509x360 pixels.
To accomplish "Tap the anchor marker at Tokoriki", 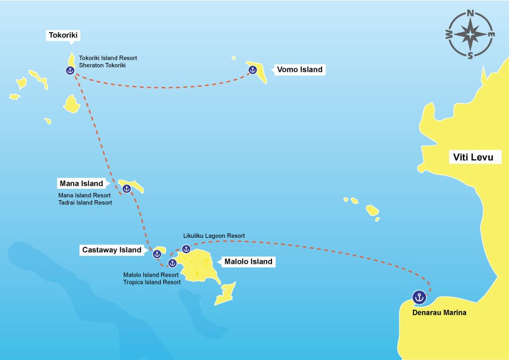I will click(70, 70).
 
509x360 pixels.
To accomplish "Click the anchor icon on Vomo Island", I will click(253, 70).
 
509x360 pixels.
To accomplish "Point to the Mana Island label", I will click(81, 183).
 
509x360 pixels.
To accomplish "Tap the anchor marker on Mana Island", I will click(126, 189).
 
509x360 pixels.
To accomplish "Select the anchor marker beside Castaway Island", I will click(157, 254).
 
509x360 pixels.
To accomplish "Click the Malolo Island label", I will click(248, 262).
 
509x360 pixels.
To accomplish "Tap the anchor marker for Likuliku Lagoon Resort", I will click(186, 249).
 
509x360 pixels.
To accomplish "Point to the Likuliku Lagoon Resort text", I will click(214, 235).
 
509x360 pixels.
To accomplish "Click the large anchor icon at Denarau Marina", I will click(418, 297).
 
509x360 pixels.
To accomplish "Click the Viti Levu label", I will click(473, 158).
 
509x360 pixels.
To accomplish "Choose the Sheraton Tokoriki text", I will click(102, 65).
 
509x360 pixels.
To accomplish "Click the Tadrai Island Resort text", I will click(85, 203).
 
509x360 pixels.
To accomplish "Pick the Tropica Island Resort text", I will click(152, 282).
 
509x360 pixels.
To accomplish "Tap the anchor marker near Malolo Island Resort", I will click(172, 263).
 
